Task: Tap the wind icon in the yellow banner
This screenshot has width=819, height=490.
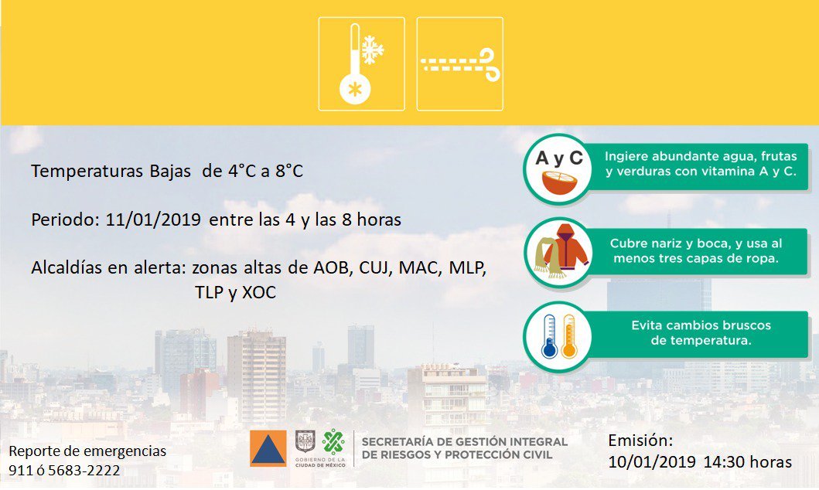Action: (x=459, y=63)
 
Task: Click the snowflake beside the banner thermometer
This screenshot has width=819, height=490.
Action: (x=373, y=50)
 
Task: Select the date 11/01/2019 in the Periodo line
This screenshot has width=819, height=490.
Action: (x=153, y=219)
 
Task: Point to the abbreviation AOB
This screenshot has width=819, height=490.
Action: (x=331, y=267)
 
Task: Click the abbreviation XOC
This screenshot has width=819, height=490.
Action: (x=259, y=292)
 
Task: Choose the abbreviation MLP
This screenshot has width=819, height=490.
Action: (x=467, y=267)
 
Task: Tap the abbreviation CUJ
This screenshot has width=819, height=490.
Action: (x=374, y=267)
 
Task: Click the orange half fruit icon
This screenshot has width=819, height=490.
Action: (x=559, y=182)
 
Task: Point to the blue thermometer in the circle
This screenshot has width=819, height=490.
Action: (x=550, y=336)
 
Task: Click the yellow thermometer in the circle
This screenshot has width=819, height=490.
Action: (x=568, y=336)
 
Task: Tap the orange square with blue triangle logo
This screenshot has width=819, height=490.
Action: (x=268, y=448)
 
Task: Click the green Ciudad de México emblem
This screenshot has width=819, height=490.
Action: (x=333, y=442)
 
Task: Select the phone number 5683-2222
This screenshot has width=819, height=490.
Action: (x=84, y=471)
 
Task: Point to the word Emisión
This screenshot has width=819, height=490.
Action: (x=640, y=441)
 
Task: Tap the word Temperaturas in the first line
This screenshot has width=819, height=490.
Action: (x=87, y=171)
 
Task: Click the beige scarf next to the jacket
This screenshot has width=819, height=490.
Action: (x=546, y=257)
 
